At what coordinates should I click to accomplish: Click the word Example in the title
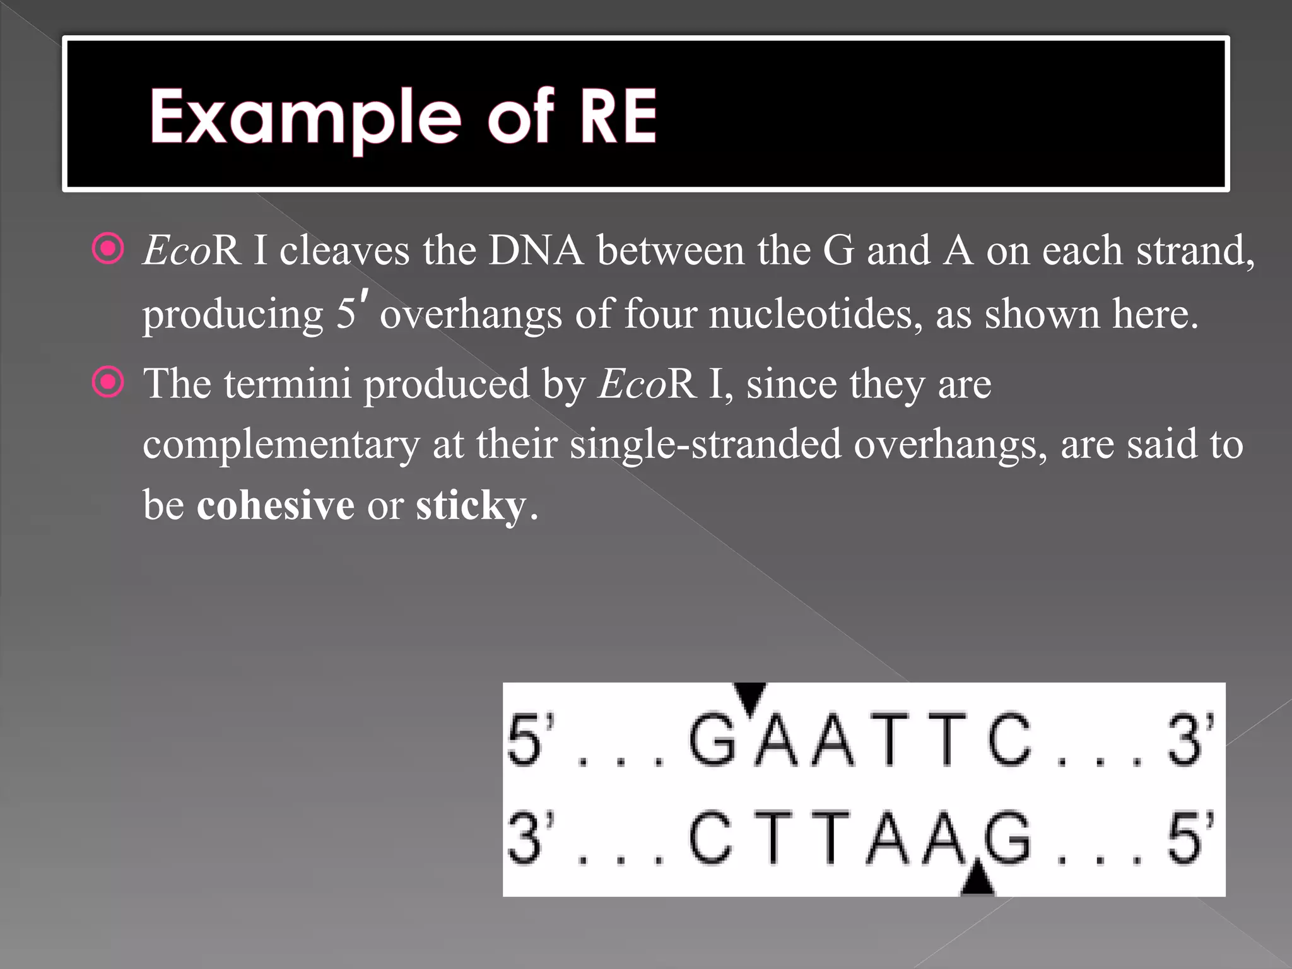point(305,117)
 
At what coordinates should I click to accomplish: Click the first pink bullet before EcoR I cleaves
point(109,249)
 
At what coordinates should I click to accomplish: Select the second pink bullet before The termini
point(109,382)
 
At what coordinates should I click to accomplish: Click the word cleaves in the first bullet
point(344,250)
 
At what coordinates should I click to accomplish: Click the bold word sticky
point(471,506)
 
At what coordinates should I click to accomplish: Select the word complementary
point(281,444)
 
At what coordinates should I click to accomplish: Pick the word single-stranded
point(705,444)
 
